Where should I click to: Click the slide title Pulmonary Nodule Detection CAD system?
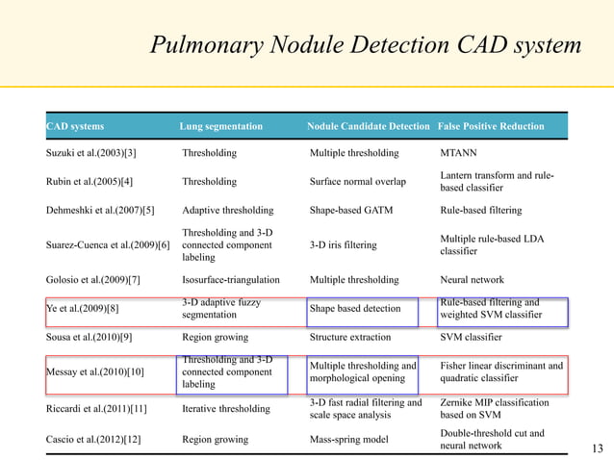366,45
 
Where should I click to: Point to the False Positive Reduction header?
491,126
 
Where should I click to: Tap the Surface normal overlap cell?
357,181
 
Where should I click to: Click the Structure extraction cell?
350,338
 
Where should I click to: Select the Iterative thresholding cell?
227,408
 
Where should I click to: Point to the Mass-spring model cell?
347,440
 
